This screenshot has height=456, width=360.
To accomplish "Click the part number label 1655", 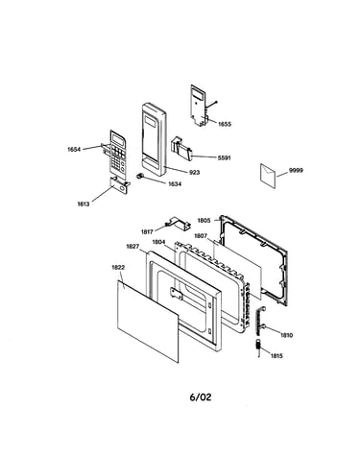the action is coord(225,124).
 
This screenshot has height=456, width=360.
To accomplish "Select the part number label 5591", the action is coord(224,157).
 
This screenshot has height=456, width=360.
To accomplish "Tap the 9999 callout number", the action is coord(296,171).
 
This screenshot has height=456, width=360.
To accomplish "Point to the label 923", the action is coord(195,173).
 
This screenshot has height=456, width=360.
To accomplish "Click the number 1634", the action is coord(175,184).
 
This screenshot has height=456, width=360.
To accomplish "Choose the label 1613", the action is coord(84,204).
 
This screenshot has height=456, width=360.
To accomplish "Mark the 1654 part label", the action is coord(74,150).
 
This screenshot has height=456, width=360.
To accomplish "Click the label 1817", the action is coord(147,231).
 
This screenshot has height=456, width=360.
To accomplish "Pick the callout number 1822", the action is coord(118,268).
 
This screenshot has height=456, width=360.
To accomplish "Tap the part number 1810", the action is coord(286,335).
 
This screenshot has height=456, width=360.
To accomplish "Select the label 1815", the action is coord(276,356).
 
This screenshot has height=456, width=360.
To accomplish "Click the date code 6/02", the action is coord(201,397).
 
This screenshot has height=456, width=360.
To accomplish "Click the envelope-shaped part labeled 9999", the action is coord(268,176).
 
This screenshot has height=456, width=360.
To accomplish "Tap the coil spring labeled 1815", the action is coord(258,347).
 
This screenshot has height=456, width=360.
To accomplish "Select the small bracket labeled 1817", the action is coord(178,223).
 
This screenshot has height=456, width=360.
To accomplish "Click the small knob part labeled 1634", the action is coord(139,176).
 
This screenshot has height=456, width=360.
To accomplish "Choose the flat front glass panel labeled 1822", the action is coord(148,322).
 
